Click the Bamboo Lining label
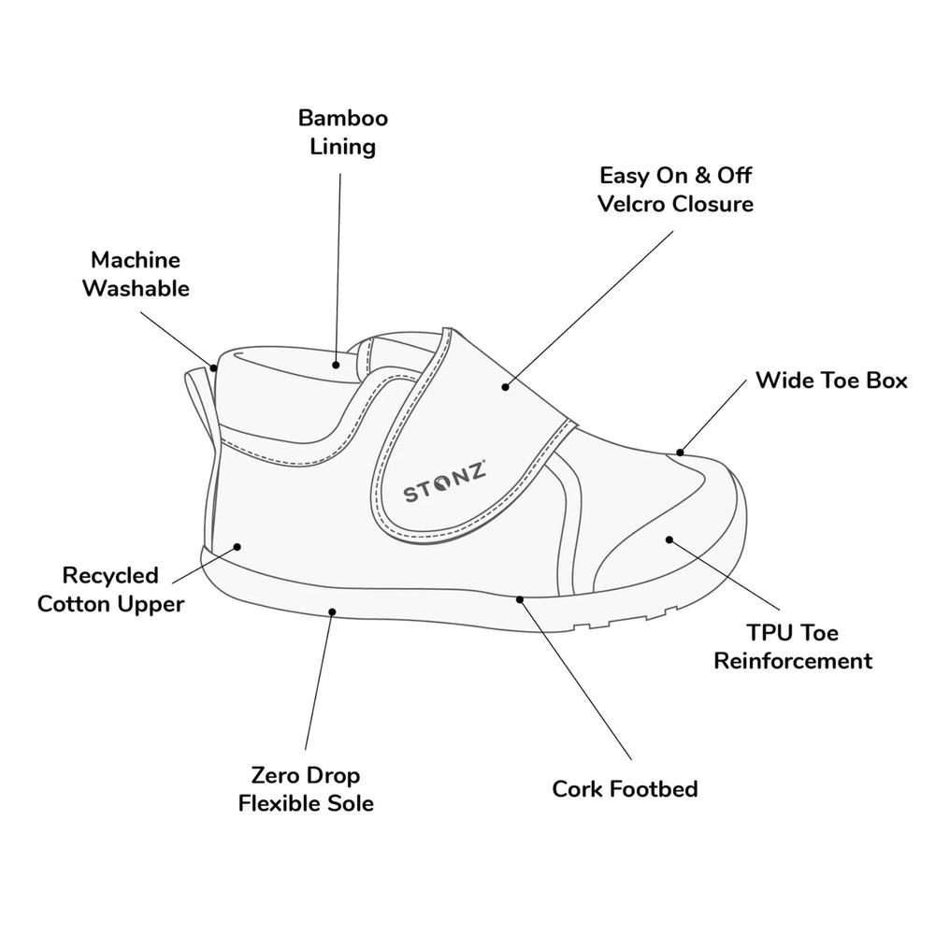click(x=343, y=132)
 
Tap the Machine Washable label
click(x=136, y=274)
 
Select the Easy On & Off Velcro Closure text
click(x=676, y=189)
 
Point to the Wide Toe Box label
click(x=831, y=381)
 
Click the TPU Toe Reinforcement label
click(x=793, y=647)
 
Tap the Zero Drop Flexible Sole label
click(x=306, y=789)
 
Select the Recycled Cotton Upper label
click(x=110, y=589)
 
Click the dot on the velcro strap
click(x=505, y=384)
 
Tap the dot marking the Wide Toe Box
click(x=681, y=453)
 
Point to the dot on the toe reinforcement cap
click(x=669, y=539)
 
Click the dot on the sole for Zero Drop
click(x=332, y=611)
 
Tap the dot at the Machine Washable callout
click(x=214, y=367)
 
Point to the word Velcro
click(x=632, y=203)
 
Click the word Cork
click(x=580, y=789)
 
